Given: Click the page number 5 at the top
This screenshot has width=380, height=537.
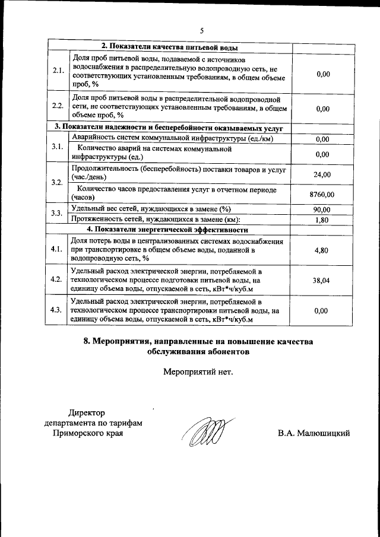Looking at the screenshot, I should pos(201,31).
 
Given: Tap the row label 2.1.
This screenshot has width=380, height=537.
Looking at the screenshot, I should pos(58,71).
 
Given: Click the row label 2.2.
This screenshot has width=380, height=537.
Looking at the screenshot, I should pos(58,106).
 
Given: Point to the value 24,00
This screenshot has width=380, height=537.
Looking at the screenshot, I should pos(322,174).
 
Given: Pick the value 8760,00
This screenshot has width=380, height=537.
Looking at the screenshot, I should pos(322,193).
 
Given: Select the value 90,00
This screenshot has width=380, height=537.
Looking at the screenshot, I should pos(322,209).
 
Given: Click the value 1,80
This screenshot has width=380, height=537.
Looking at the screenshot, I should pos(322,219).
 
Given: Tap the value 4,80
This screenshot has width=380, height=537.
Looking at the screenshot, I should pos(322,250).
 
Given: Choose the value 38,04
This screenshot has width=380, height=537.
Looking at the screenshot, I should pos(322,281).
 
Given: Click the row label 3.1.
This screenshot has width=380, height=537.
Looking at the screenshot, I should pos(58,147).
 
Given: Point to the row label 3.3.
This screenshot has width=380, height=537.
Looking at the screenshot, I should pos(58,213).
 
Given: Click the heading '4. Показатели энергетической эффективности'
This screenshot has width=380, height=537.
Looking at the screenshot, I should pos(167,229).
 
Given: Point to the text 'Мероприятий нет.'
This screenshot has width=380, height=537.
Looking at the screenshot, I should pos(198,372).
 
